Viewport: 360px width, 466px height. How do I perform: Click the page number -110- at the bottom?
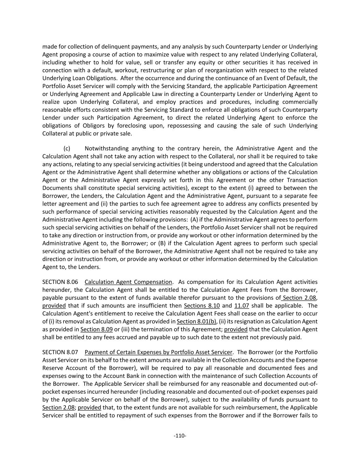(180, 436)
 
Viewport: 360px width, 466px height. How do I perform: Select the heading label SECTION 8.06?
(60, 282)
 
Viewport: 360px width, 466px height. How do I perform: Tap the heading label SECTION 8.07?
(60, 352)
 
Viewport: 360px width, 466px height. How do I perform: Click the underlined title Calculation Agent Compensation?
(128, 282)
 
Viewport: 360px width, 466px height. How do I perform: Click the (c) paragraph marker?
(67, 149)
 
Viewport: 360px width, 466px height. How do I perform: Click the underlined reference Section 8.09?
(97, 329)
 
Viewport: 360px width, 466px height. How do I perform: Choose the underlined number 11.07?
(242, 306)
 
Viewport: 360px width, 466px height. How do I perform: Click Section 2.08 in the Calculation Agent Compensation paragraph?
(299, 298)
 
